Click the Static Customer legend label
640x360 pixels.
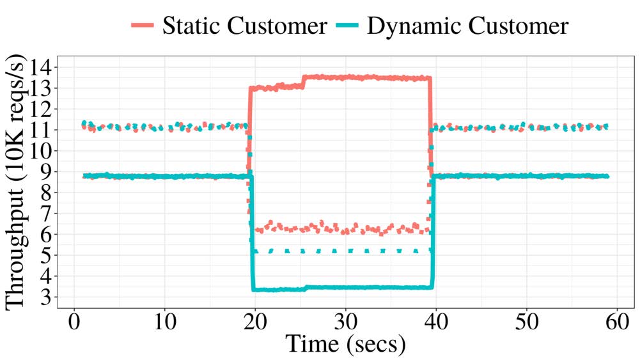[x=244, y=26]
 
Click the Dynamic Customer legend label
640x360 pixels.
[x=469, y=26]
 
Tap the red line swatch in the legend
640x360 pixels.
[x=143, y=26]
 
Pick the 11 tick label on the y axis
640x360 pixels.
[x=41, y=130]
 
